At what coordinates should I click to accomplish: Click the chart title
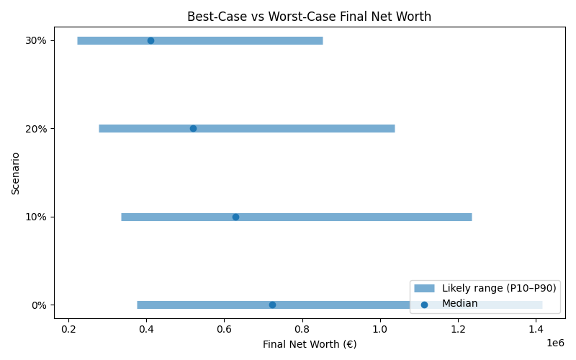pos(309,17)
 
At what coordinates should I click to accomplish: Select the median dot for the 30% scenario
pos(150,40)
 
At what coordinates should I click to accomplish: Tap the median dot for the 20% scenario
pos(193,128)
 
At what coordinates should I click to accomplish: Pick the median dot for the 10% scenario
pos(235,217)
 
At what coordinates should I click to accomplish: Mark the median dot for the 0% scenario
pos(272,305)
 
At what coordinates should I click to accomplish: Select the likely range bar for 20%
pos(288,128)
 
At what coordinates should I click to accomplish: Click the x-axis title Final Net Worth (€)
pos(309,344)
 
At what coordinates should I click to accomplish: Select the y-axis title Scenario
pos(16,173)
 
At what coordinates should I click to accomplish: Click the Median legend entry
pos(459,304)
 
